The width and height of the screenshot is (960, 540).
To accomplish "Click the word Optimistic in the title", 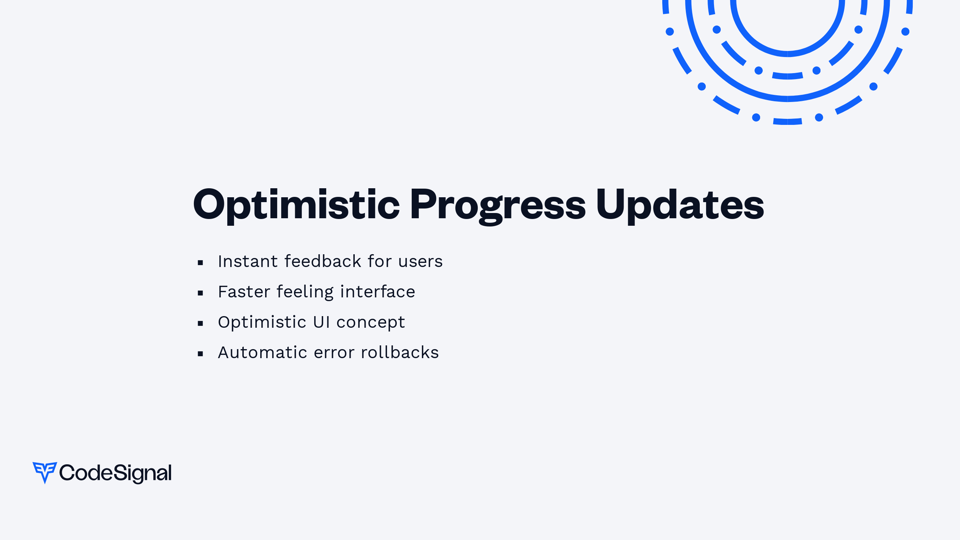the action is click(x=297, y=205).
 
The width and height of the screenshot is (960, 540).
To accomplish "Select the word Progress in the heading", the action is click(x=498, y=205).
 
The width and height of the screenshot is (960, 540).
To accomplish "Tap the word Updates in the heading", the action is click(x=680, y=205).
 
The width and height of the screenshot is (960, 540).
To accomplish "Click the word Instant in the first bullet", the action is click(x=248, y=261).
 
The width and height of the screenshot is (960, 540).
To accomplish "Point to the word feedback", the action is click(x=323, y=261).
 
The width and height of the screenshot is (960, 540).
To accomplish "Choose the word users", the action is click(x=420, y=262).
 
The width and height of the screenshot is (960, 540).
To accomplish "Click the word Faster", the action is click(x=244, y=292).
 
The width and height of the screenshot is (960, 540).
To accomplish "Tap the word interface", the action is click(x=378, y=291).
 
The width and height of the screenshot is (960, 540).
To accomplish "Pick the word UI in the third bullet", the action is click(x=321, y=322).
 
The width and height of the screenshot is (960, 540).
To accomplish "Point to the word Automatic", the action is click(x=262, y=352).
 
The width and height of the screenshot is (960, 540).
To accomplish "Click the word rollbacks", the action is click(x=400, y=352).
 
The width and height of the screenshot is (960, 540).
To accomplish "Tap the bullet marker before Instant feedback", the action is click(x=200, y=263).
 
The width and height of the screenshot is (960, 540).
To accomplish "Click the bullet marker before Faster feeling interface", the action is click(x=200, y=293).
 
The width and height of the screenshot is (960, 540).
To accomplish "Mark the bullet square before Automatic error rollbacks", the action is click(x=200, y=354).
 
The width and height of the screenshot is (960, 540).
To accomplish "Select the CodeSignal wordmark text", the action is click(x=115, y=473).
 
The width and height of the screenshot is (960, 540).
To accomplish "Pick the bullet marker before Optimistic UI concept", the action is click(x=200, y=324).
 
